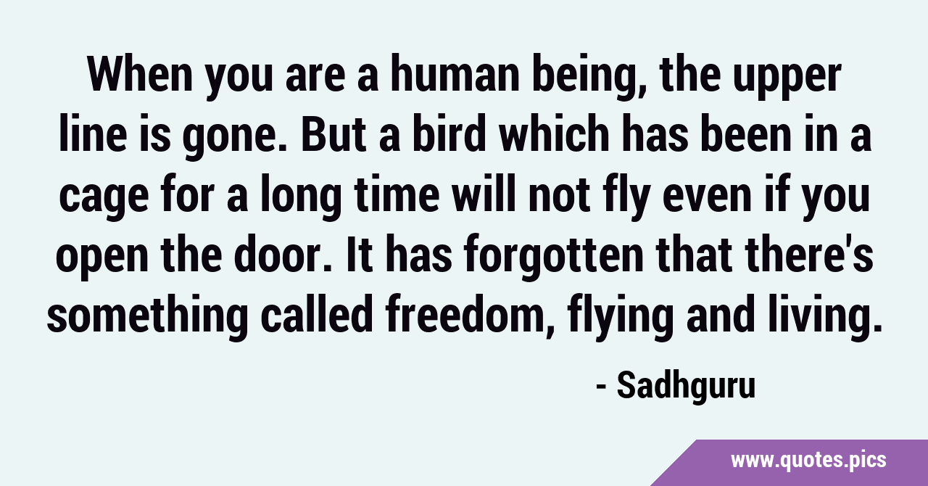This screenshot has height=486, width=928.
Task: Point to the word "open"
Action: pos(102,259)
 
